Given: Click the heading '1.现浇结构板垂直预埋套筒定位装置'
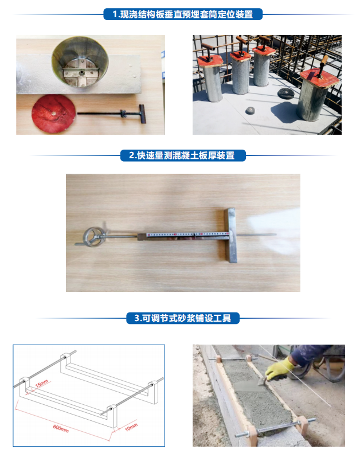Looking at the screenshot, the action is tap(182, 14).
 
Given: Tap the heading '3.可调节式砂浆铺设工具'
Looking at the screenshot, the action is tap(182, 318).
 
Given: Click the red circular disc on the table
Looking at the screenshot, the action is tap(53, 114).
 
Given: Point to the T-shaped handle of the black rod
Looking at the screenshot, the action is tap(142, 114).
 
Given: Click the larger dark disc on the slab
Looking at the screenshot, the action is tap(286, 93).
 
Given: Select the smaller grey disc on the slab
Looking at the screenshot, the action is tap(250, 111).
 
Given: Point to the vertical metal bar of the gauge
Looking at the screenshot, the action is tap(230, 235).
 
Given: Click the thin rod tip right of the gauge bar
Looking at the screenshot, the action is tap(275, 235).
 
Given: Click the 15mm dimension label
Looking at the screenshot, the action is tap(41, 384).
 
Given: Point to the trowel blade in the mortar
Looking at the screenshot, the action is tap(263, 381).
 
